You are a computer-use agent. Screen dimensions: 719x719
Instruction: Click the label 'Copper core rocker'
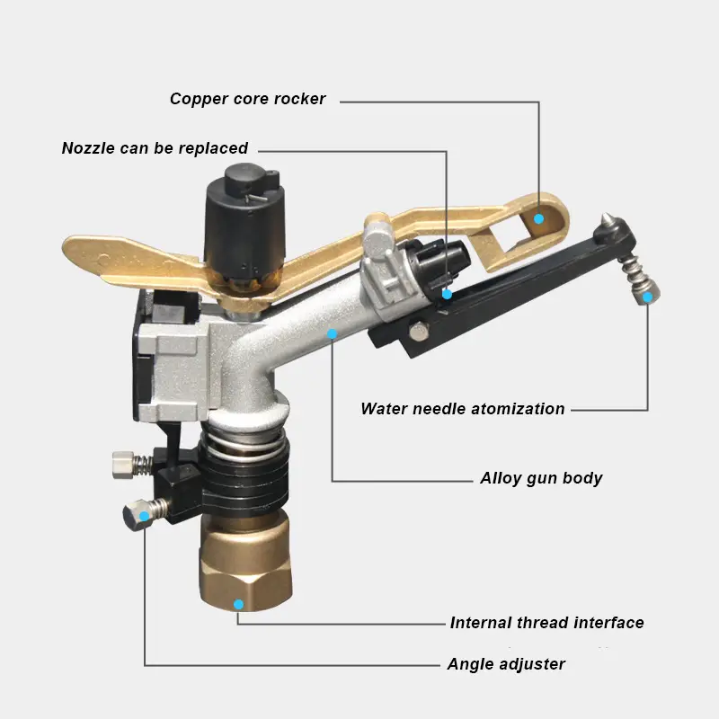247,99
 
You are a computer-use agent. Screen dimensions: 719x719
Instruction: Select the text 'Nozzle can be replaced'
155,148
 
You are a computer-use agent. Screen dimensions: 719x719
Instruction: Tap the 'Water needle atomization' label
463,409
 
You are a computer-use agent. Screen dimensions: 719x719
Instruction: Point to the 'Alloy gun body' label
541,478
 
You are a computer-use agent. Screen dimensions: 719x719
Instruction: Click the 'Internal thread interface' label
546,623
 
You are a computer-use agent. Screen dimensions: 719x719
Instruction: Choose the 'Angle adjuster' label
506,665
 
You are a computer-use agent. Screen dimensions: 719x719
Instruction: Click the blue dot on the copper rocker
539,217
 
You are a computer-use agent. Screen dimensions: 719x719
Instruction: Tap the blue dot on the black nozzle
447,293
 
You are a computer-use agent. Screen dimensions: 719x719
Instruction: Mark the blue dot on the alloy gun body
332,333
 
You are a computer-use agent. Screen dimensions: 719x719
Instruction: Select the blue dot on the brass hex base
238,603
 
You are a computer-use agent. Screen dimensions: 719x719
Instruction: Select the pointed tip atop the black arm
608,217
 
